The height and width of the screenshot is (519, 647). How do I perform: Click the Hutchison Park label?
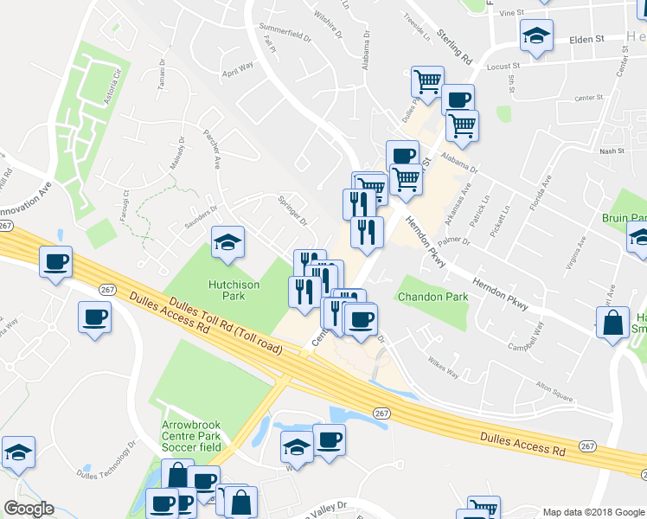226,289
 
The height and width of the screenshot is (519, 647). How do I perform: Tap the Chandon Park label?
432,297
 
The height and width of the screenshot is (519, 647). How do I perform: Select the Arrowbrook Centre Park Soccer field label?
191,437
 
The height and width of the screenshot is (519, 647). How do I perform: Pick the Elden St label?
586,39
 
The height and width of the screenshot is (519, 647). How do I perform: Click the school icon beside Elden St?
536,36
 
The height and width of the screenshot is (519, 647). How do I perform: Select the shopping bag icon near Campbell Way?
612,324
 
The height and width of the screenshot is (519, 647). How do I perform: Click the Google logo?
29,509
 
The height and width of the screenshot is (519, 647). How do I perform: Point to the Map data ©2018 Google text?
593,512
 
